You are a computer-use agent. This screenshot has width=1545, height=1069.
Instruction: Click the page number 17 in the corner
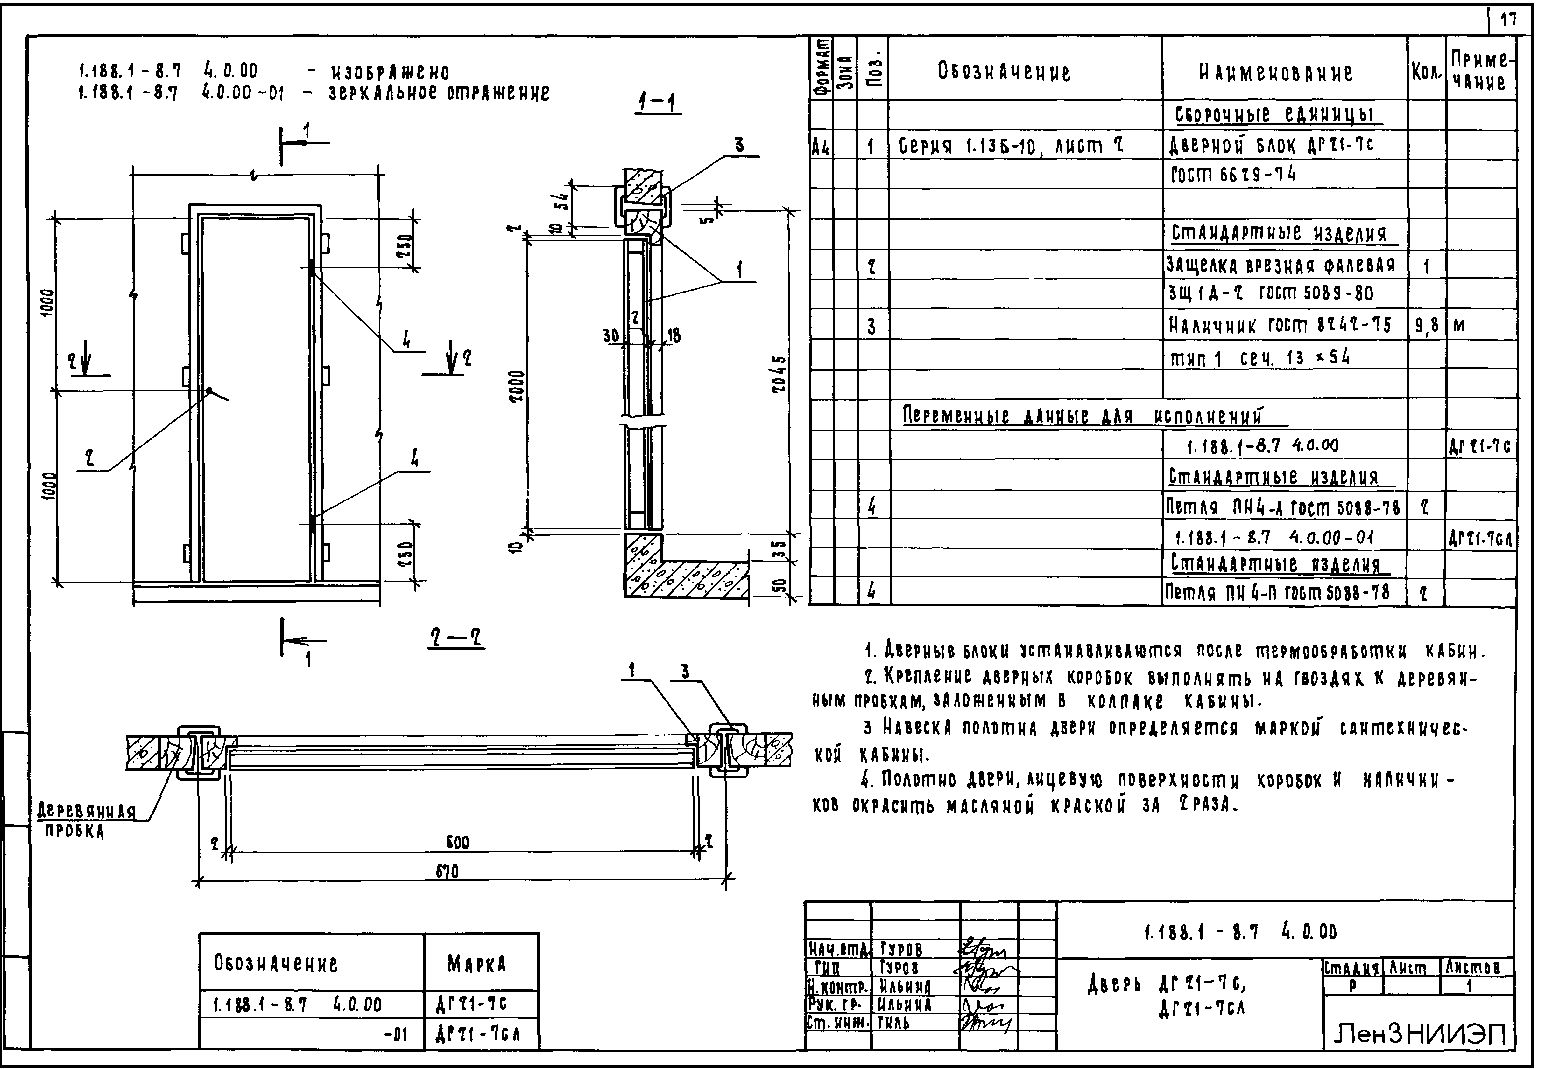point(1508,20)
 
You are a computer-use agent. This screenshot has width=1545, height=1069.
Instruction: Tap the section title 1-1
point(658,104)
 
